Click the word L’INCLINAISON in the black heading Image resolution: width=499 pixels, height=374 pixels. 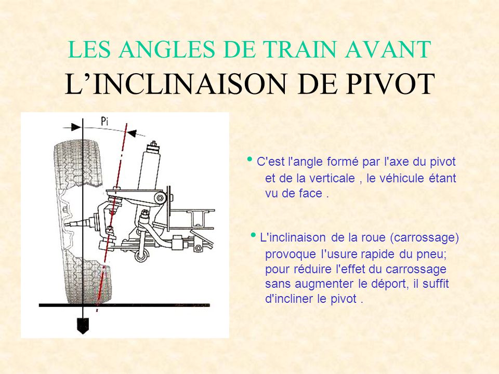tap(176, 84)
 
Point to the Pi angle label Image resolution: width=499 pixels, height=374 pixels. tap(104, 121)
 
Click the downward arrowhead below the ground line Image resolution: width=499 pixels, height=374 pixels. tap(83, 326)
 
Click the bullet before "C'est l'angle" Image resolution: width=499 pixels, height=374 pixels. tap(250, 159)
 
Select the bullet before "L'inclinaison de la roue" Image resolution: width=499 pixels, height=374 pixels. tap(253, 235)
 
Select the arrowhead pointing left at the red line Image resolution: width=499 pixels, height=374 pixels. tap(132, 133)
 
